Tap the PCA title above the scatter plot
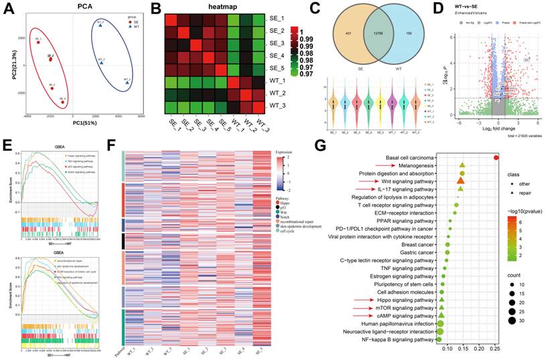pyautogui.click(x=85, y=7)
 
